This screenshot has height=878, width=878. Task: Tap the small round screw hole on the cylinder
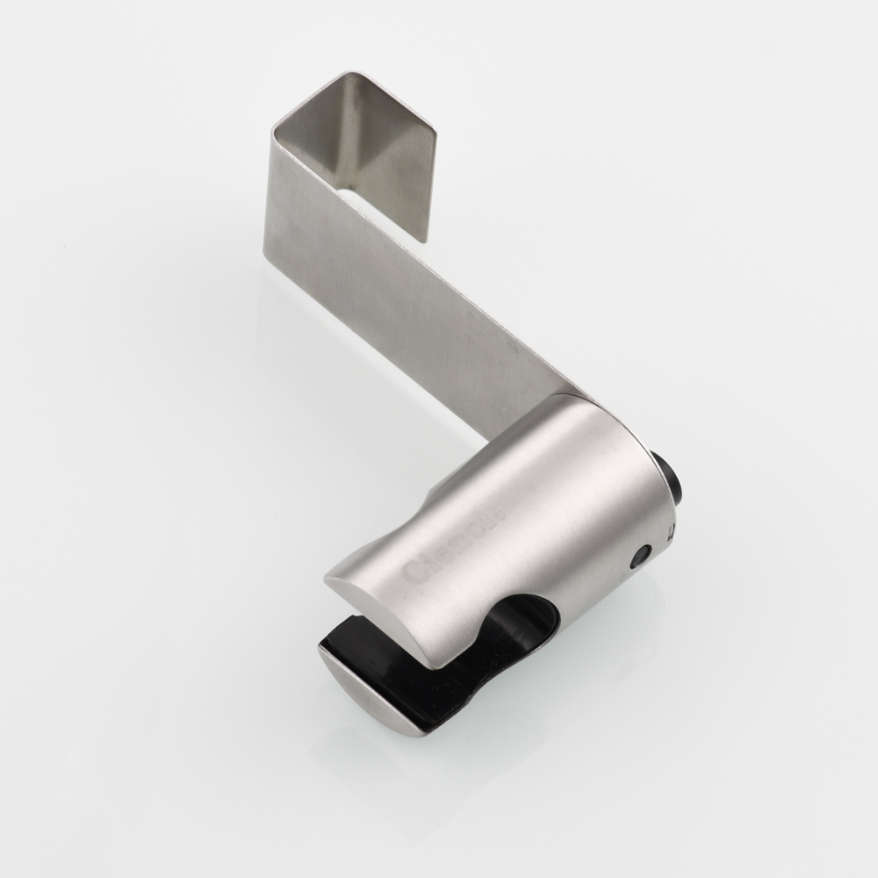click(642, 555)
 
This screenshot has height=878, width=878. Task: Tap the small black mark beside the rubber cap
click(671, 530)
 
